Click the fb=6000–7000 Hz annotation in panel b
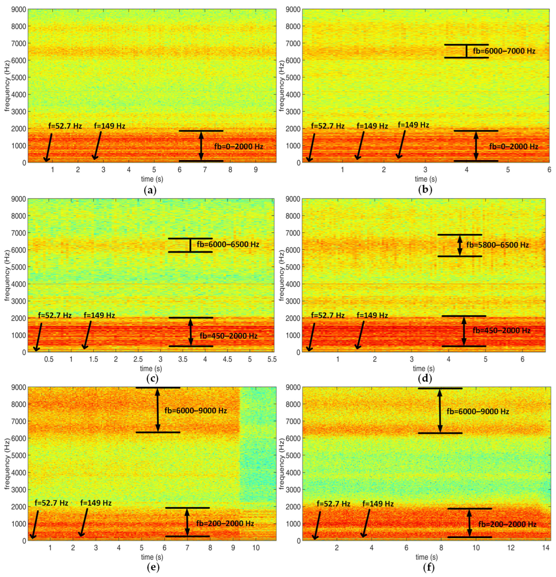tap(504, 51)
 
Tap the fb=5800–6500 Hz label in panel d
tap(497, 245)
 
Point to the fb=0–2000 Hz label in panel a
tap(239, 146)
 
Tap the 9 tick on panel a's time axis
tap(256, 170)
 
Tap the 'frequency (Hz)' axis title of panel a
tap(7, 86)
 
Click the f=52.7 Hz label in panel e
tap(51, 503)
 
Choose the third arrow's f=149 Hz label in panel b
tap(413, 125)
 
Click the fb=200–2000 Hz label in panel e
tap(225, 523)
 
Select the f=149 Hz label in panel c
tap(99, 315)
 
